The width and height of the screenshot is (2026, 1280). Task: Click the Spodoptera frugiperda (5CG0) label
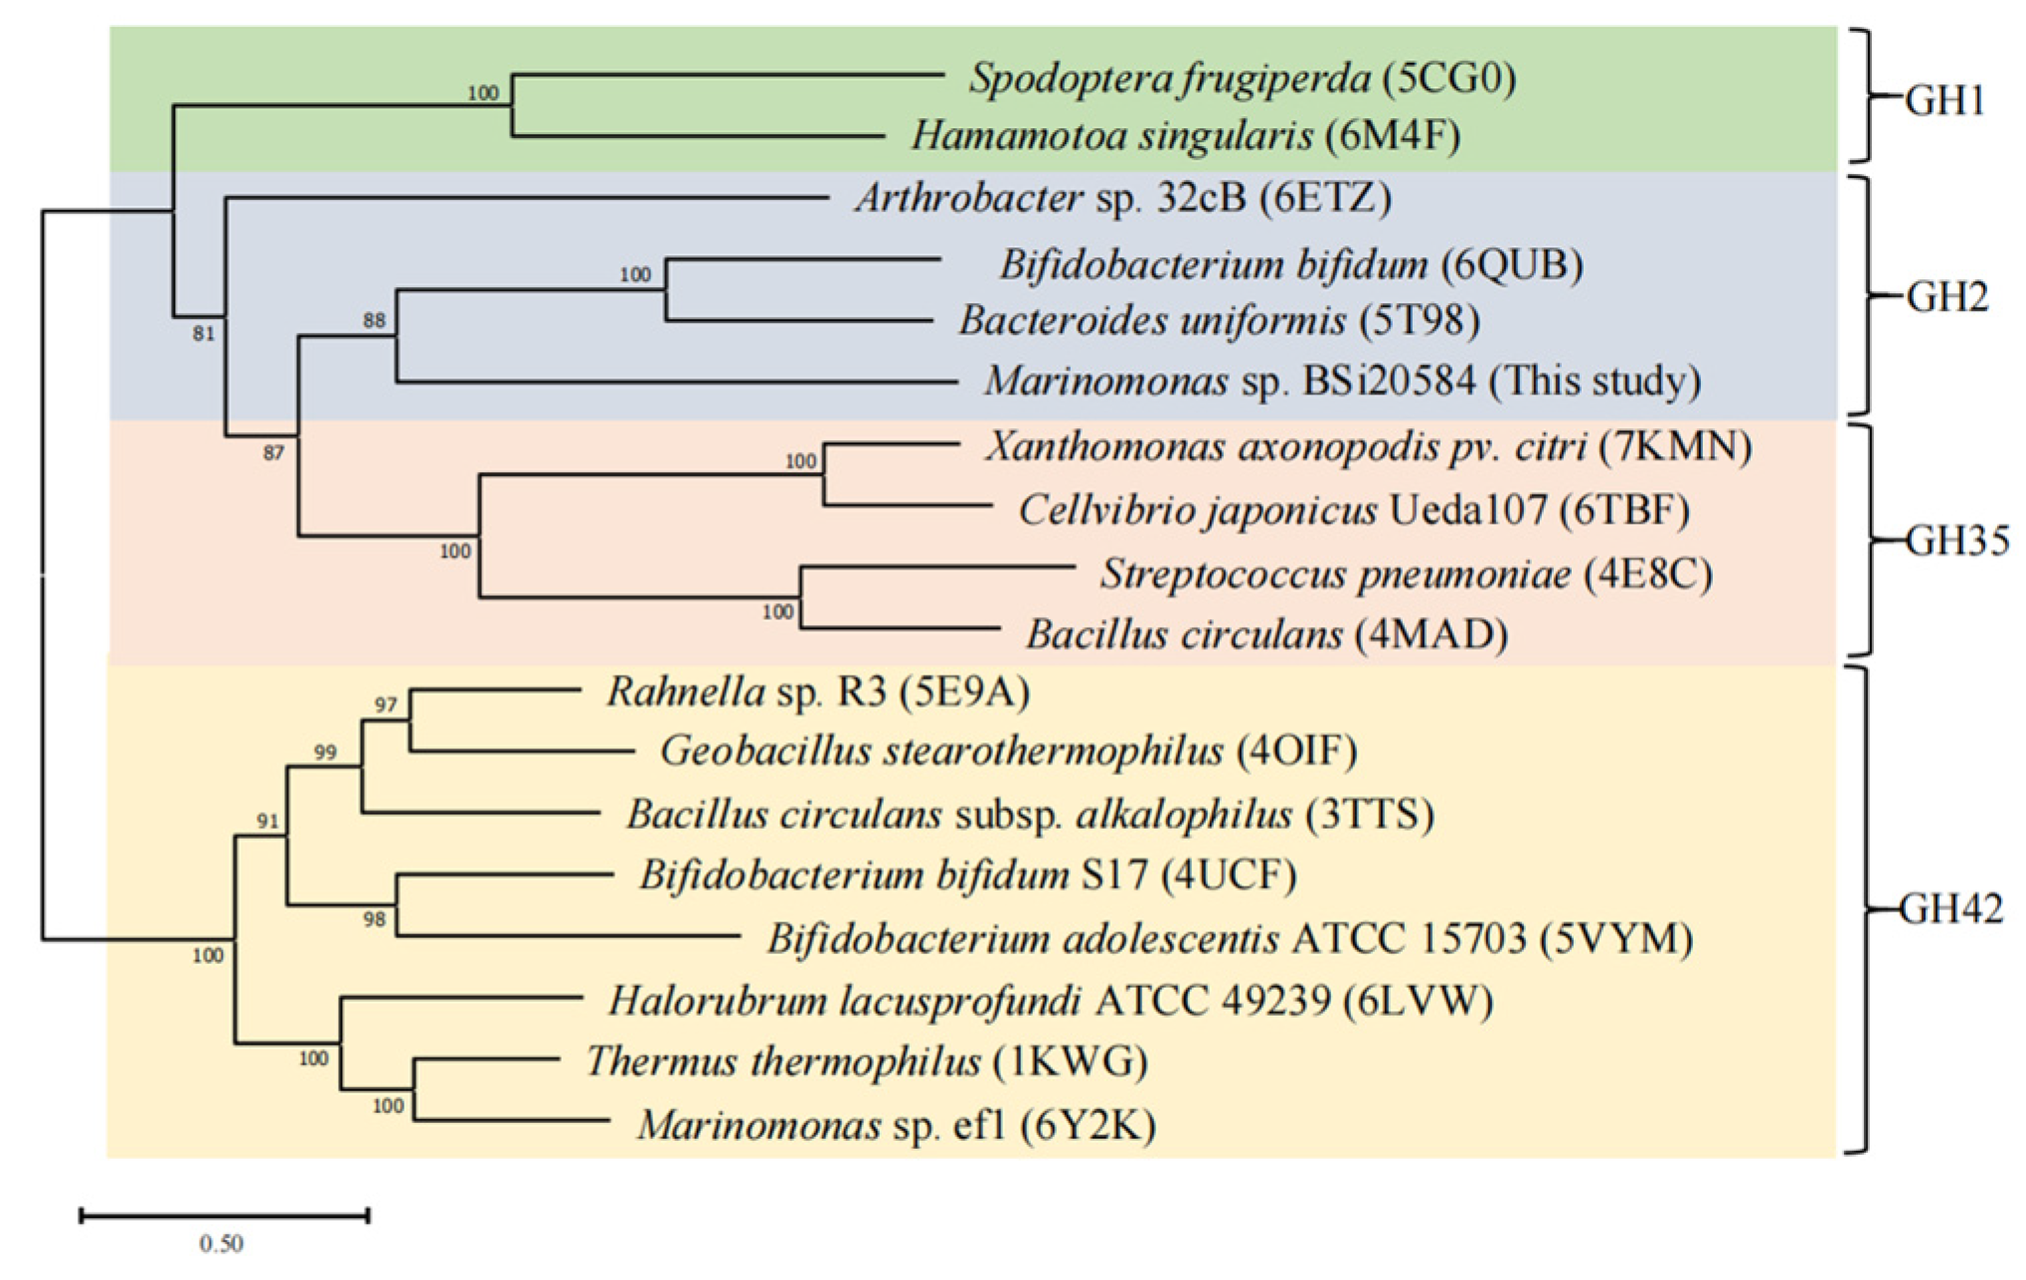pos(1243,79)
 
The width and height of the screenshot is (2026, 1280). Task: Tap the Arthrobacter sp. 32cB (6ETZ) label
pos(1122,199)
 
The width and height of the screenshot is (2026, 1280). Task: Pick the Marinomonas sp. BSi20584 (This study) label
pos(1342,382)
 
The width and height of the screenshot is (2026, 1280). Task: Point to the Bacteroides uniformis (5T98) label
pos(1219,321)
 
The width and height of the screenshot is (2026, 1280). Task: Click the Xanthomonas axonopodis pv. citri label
pos(1368,447)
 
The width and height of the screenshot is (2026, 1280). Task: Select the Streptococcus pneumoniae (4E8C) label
pos(1406,574)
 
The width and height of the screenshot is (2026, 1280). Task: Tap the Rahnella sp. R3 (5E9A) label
pos(817,692)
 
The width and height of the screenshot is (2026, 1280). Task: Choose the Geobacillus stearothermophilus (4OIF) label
pos(1008,751)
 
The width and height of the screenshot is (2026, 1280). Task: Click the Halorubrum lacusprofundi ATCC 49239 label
pos(1050,1001)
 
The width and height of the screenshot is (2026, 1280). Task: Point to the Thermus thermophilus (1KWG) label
pos(866,1062)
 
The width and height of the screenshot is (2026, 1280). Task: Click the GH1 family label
pos(1943,100)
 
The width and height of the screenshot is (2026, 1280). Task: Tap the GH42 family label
pos(1950,909)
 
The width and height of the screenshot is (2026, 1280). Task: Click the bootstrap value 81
pos(203,334)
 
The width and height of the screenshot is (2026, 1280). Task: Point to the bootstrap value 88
pos(374,320)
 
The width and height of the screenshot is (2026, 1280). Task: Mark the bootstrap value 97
pos(386,705)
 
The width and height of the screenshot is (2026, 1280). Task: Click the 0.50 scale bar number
pos(221,1243)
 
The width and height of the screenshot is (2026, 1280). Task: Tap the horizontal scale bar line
pos(225,1214)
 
